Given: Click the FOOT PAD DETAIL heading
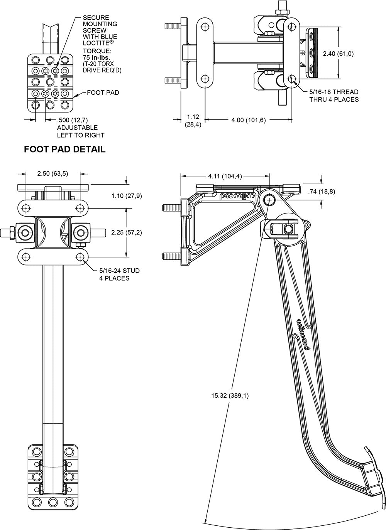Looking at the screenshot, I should pyautogui.click(x=64, y=149).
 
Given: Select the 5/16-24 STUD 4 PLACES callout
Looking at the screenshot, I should pyautogui.click(x=119, y=274).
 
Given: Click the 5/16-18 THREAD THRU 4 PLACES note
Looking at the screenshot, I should pyautogui.click(x=334, y=96).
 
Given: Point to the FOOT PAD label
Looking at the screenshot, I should pyautogui.click(x=103, y=93).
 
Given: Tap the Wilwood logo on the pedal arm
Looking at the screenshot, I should pyautogui.click(x=303, y=335).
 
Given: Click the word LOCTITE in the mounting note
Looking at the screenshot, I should pyautogui.click(x=95, y=44).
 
